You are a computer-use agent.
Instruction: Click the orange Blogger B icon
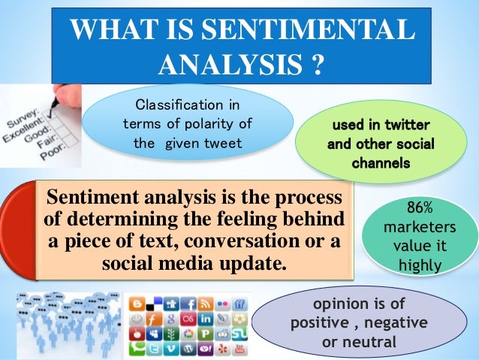[136, 304]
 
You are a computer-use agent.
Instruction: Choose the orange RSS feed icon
[204, 304]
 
